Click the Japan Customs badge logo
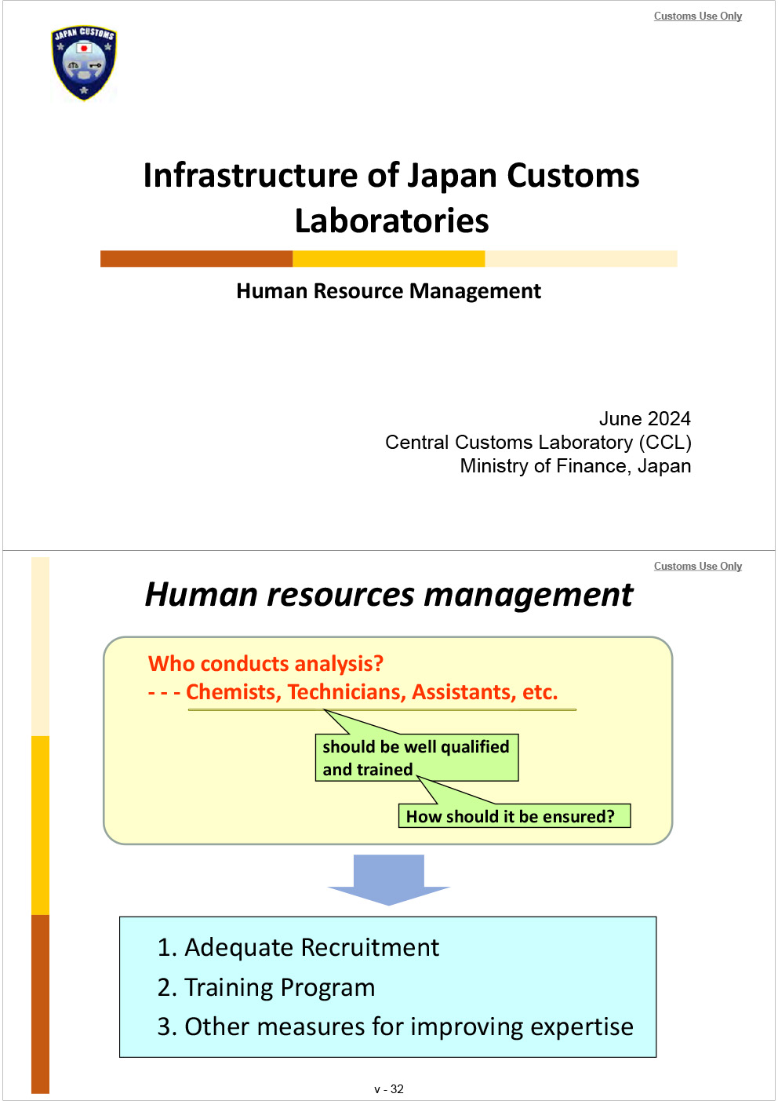tap(83, 63)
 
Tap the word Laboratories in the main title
tap(391, 221)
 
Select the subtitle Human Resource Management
tap(388, 291)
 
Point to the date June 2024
tap(644, 419)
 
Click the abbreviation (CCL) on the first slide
tap(665, 443)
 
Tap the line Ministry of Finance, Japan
tap(575, 466)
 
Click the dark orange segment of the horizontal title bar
tap(196, 259)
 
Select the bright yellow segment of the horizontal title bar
tap(388, 259)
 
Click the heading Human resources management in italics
tap(388, 595)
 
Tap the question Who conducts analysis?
tap(266, 664)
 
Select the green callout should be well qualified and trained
tap(416, 758)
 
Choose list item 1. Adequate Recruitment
tap(298, 948)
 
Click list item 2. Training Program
tap(267, 987)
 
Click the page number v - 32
tap(388, 1089)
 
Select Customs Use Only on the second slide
tap(697, 567)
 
